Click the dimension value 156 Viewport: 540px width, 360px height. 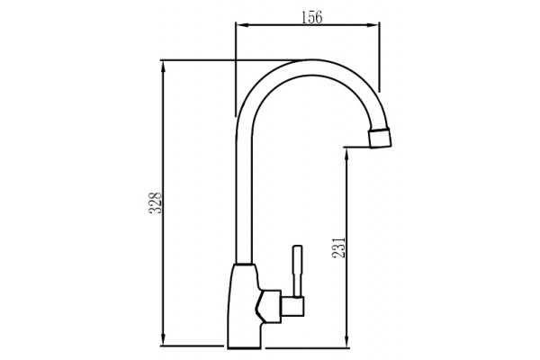[x=311, y=17]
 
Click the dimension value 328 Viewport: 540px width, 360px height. [x=156, y=202]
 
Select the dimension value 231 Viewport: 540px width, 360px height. [x=338, y=247]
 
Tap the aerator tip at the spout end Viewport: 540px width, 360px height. [x=380, y=137]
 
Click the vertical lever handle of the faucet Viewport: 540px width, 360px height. [x=297, y=271]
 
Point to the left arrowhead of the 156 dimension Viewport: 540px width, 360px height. [x=242, y=25]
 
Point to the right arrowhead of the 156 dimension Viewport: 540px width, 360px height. [x=373, y=25]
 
